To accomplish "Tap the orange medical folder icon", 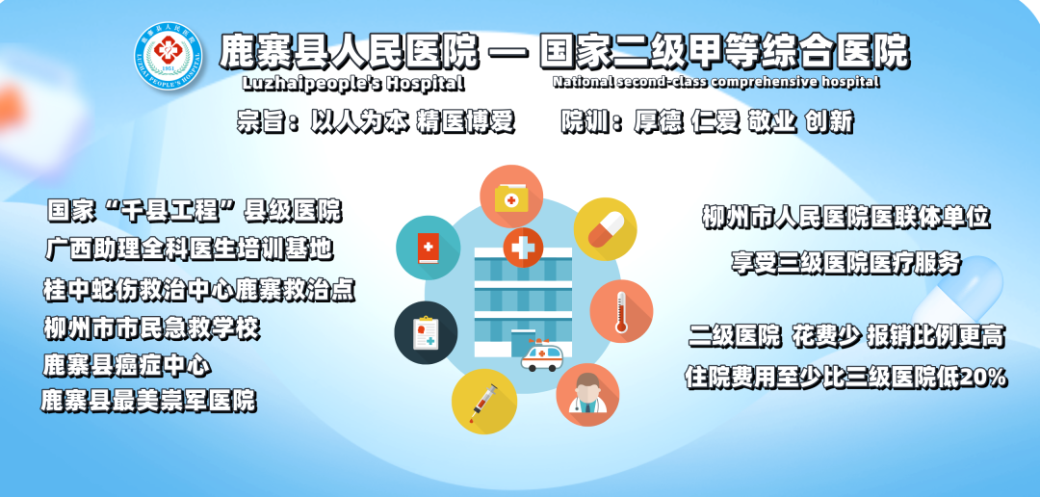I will [x=510, y=196].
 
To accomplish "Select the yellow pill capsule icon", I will [x=605, y=229].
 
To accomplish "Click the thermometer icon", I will [x=621, y=311].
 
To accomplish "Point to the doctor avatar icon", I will [x=587, y=394].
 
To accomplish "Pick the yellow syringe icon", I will [x=483, y=403].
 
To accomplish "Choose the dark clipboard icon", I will [x=426, y=332].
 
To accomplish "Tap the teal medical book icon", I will [x=428, y=248].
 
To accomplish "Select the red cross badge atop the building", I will [x=523, y=248].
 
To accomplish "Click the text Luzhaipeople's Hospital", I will [x=354, y=84].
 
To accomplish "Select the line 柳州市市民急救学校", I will [x=151, y=328].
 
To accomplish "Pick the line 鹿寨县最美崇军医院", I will [x=148, y=401].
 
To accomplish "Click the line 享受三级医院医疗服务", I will [x=846, y=263].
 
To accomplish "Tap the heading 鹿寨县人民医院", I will [x=349, y=51].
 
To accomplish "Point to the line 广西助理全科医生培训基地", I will [x=190, y=248].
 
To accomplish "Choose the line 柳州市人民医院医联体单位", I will [x=846, y=218].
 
